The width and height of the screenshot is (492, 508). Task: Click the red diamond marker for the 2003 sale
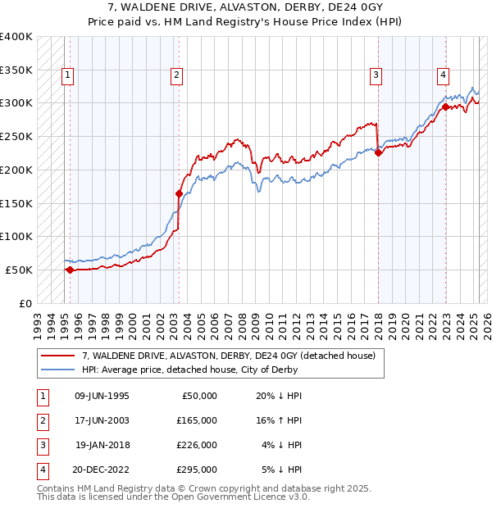(x=179, y=193)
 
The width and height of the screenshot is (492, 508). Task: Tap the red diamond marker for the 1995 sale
(x=70, y=270)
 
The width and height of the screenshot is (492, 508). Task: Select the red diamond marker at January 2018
(x=378, y=152)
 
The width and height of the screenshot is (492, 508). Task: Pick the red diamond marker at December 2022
(x=444, y=107)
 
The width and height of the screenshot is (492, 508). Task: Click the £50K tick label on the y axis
(x=20, y=270)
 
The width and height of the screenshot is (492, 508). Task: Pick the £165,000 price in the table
(x=197, y=420)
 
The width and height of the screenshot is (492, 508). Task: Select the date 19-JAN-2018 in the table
(x=102, y=445)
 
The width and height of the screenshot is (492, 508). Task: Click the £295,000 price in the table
(x=197, y=469)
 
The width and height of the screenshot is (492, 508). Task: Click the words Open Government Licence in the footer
(x=227, y=497)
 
